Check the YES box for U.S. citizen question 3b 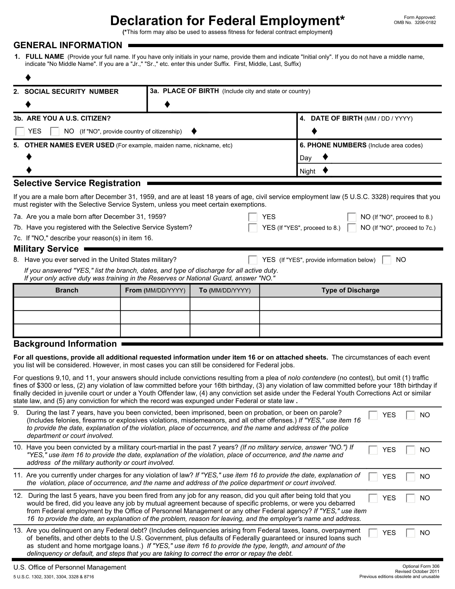(20, 131)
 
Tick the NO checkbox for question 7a (351, 217)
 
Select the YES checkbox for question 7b (253, 228)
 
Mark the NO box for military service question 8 (386, 260)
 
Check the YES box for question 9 (373, 415)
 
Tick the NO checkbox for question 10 (410, 450)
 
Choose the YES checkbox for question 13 (373, 533)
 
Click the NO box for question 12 (410, 498)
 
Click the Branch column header (67, 290)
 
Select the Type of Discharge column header (350, 290)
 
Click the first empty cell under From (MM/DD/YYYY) (155, 304)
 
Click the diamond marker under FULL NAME (28, 78)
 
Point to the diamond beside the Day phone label (325, 157)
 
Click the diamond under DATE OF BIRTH (314, 131)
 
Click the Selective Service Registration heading (77, 183)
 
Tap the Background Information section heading (65, 344)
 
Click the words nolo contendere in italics (312, 378)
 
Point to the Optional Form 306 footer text (421, 566)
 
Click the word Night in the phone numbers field (307, 171)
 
